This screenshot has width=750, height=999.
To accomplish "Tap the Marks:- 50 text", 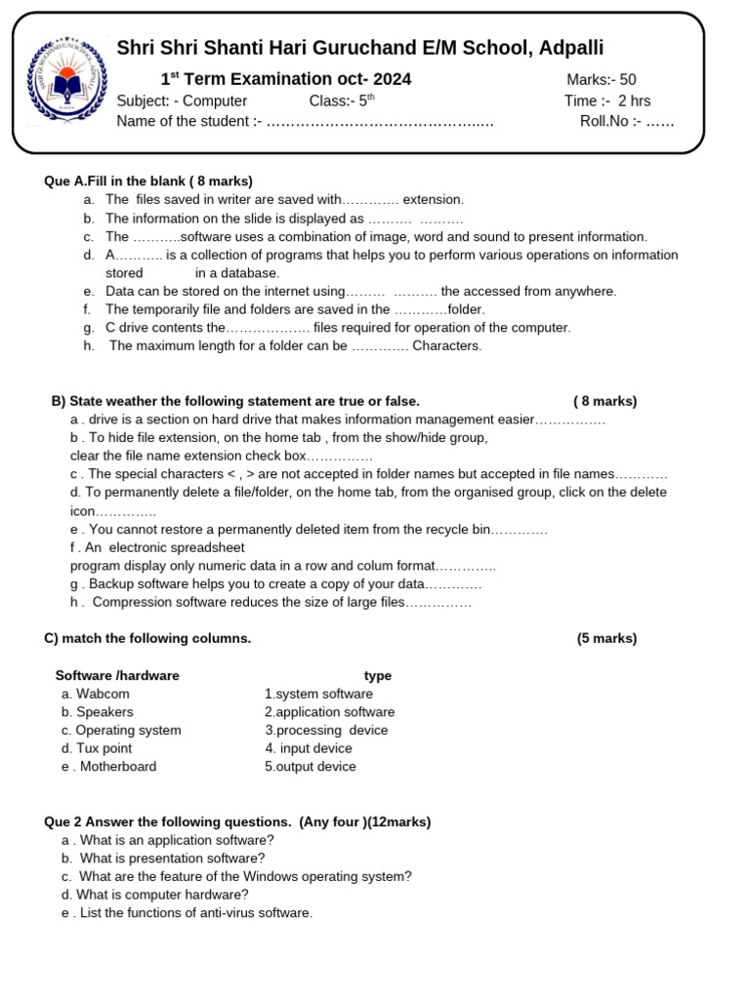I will [x=601, y=80].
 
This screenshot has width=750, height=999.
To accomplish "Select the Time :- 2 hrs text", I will [x=606, y=100].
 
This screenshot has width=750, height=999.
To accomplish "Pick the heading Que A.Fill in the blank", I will [x=148, y=181].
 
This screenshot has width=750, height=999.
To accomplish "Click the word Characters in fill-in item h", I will [x=447, y=345].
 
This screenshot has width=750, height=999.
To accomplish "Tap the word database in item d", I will [x=251, y=273].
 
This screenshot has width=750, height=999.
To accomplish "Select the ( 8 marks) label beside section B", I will [x=604, y=401].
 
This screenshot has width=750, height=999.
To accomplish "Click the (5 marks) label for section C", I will [x=606, y=639].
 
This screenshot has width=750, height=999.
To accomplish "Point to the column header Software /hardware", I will [x=117, y=675].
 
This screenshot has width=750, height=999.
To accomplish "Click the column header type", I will [x=378, y=675].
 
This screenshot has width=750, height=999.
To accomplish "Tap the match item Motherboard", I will [x=117, y=767].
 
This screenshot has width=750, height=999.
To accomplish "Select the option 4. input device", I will [x=309, y=748].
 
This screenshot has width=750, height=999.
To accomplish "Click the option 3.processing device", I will [x=326, y=730].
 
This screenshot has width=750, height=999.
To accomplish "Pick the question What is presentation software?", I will [x=172, y=859].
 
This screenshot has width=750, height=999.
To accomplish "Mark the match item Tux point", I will [x=104, y=748].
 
